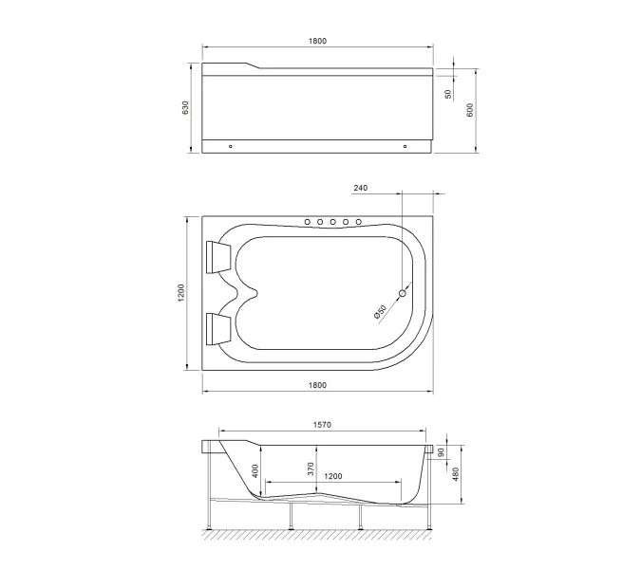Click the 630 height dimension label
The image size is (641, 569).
[x=187, y=109]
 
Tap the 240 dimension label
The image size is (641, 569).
[x=361, y=188]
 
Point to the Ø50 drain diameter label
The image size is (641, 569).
[x=381, y=311]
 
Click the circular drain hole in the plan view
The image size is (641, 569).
[x=402, y=294]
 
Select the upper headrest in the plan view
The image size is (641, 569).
[x=217, y=255]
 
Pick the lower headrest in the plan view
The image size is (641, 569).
[x=217, y=328]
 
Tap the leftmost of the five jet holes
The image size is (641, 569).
[x=308, y=222]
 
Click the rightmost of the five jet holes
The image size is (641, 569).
[x=359, y=222]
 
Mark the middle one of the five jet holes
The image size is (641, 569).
[x=333, y=222]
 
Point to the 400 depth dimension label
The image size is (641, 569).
[x=254, y=471]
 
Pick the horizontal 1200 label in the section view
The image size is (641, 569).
[x=335, y=476]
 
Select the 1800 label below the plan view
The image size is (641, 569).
[x=317, y=385]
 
